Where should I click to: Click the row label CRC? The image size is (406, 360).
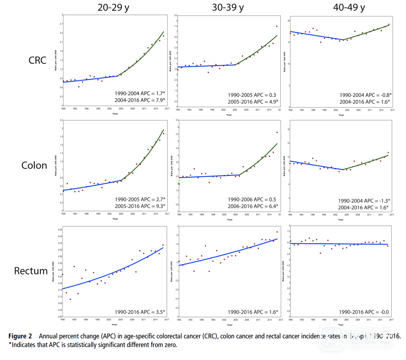pyautogui.click(x=38, y=60)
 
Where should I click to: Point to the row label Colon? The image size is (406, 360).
pyautogui.click(x=34, y=166)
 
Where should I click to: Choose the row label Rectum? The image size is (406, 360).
pyautogui.click(x=31, y=271)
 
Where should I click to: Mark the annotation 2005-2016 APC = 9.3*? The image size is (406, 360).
pyautogui.click(x=140, y=207)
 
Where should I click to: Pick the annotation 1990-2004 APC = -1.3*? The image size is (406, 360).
pyautogui.click(x=364, y=201)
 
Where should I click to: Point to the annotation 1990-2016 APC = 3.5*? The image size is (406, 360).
pyautogui.click(x=140, y=311)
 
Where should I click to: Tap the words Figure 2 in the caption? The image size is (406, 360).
pyautogui.click(x=20, y=336)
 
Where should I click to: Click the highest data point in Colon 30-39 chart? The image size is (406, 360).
pyautogui.click(x=277, y=132)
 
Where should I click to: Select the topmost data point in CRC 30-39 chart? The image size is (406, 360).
pyautogui.click(x=277, y=26)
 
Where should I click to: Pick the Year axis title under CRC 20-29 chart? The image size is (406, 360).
pyautogui.click(x=114, y=114)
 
